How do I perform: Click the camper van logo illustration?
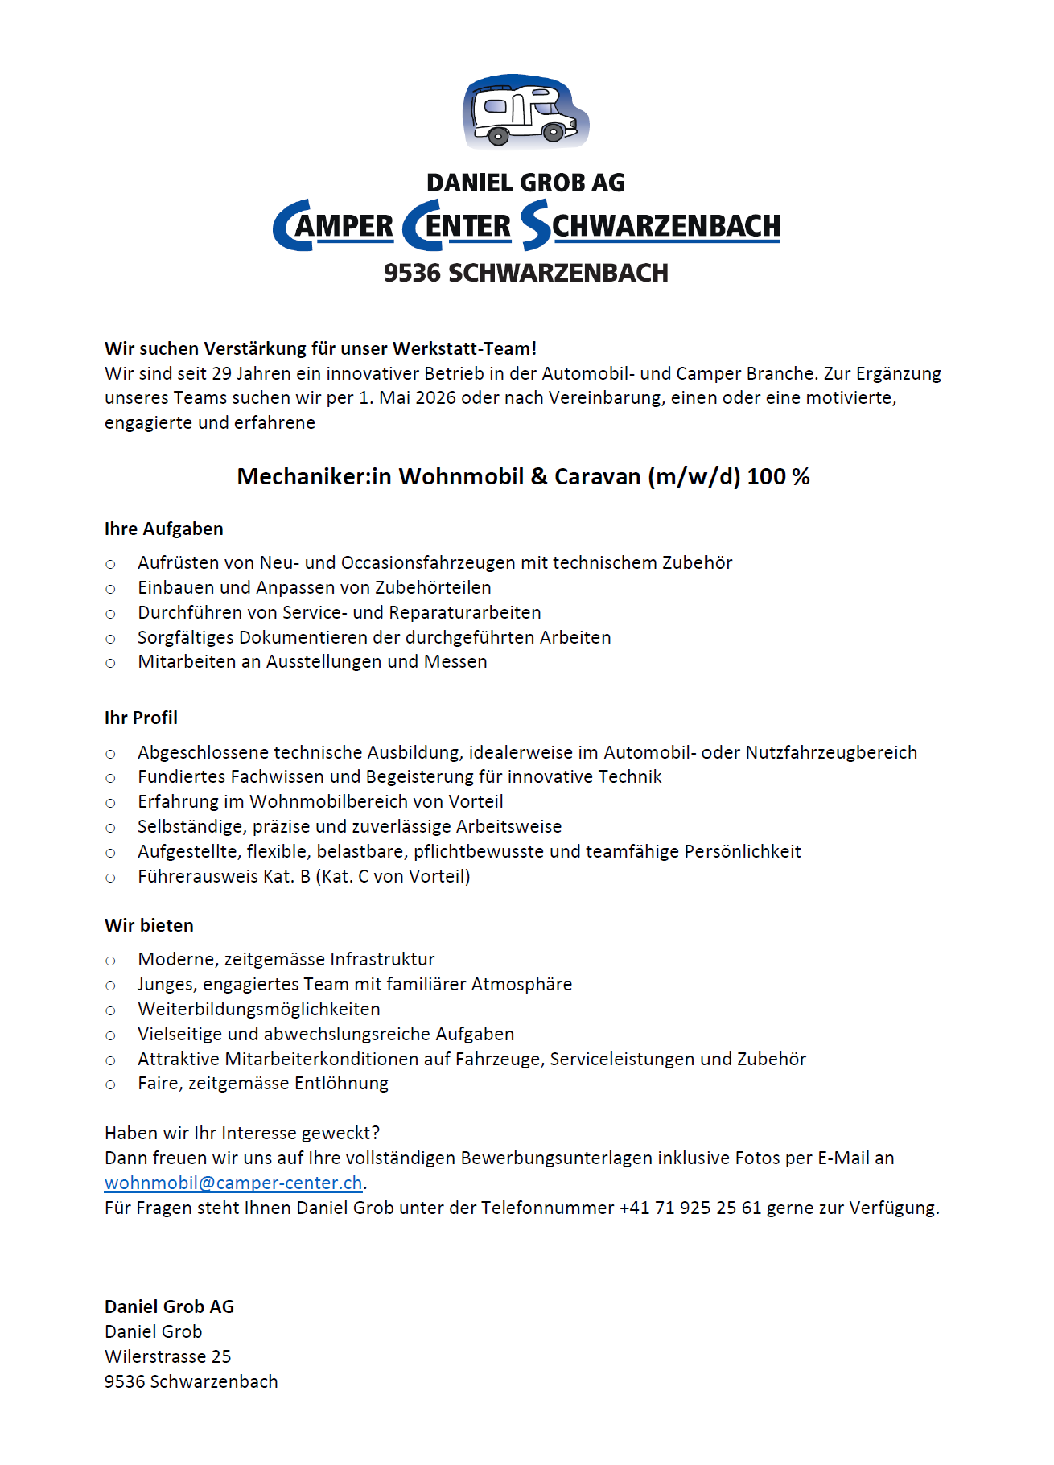525,112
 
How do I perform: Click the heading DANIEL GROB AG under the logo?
525,183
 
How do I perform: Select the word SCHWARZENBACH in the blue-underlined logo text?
665,226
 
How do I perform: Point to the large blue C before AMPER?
290,225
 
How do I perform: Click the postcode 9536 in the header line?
411,273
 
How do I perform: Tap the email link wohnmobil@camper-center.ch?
233,1183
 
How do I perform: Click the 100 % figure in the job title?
778,476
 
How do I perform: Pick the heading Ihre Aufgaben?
164,529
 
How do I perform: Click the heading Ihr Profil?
141,718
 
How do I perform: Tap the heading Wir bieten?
149,925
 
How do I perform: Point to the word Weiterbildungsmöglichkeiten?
259,1009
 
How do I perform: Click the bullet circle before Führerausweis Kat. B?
111,877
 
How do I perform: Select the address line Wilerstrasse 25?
168,1356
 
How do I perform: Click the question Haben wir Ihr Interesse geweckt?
242,1133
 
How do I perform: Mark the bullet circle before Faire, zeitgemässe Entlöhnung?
111,1084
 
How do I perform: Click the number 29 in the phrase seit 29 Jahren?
221,373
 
